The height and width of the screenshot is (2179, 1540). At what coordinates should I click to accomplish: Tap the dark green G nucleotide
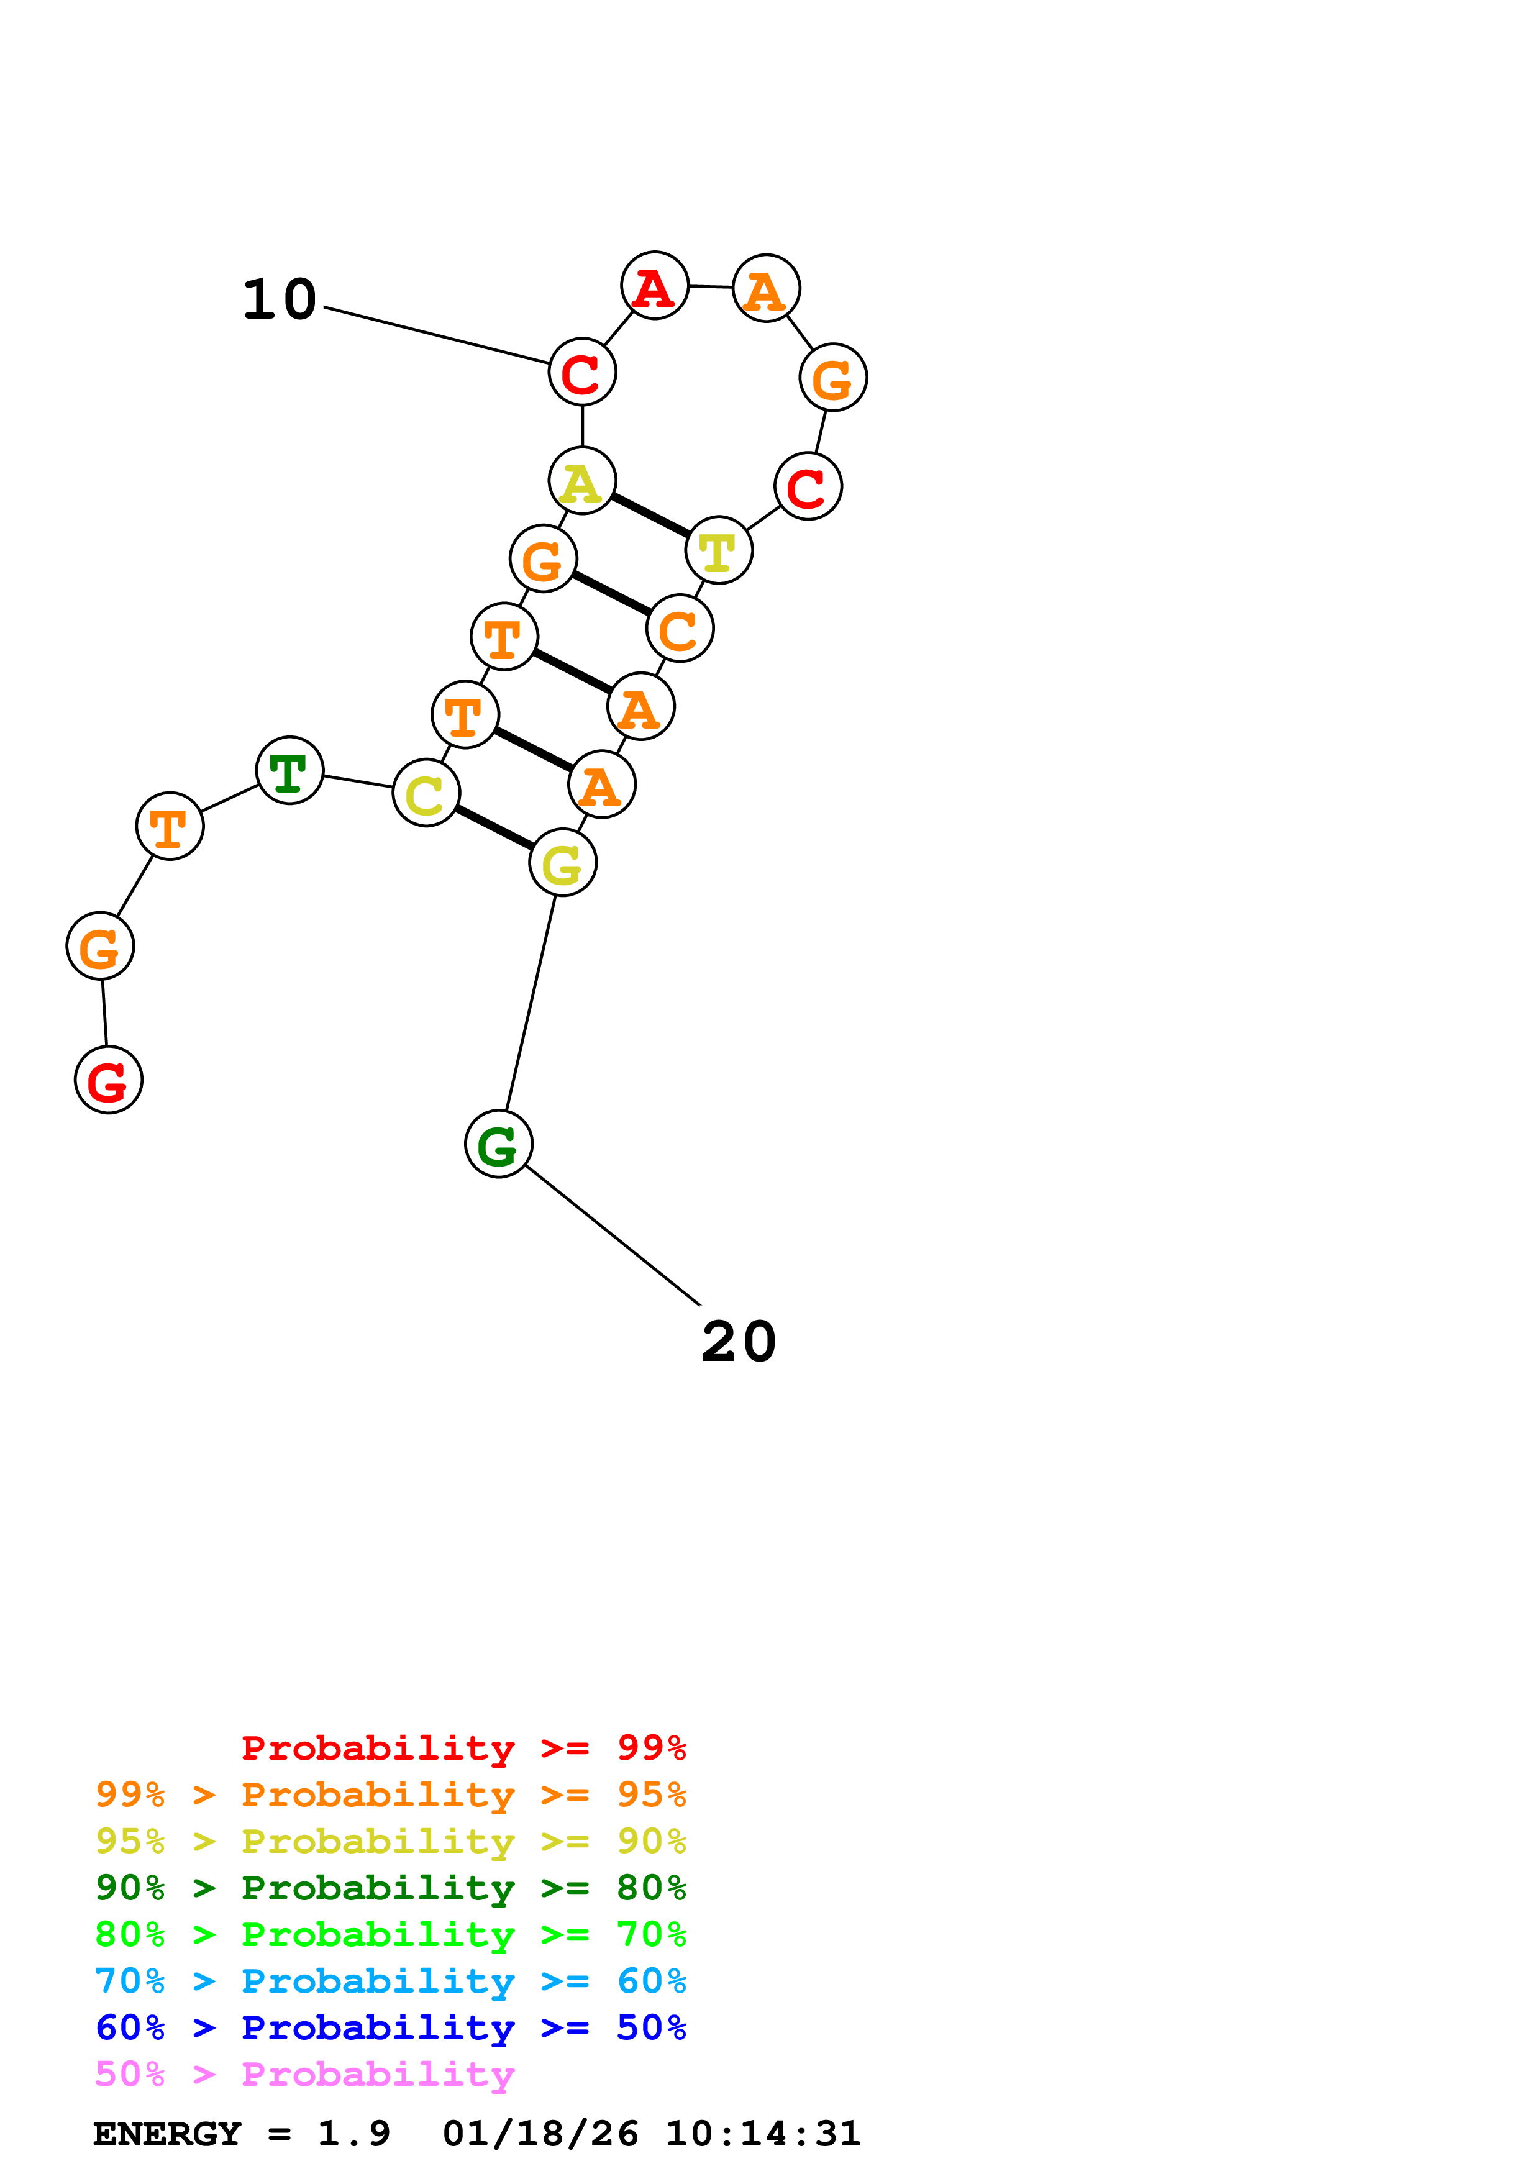[498, 1144]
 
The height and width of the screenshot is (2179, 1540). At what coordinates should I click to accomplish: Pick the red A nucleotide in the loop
[655, 286]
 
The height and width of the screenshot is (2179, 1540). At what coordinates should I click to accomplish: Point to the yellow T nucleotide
[718, 550]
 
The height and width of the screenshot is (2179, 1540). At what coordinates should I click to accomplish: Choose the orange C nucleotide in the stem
[680, 628]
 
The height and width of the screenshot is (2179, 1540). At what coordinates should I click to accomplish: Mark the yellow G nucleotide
[563, 863]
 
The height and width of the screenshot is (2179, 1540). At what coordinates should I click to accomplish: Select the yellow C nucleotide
[426, 793]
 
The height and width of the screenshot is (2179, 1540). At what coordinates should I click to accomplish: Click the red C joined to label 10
[581, 372]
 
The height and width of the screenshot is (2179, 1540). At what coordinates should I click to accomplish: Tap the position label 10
[280, 300]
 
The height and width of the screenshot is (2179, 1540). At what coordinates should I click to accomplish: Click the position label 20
[739, 1342]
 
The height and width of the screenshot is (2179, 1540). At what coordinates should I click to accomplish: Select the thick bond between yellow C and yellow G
[494, 827]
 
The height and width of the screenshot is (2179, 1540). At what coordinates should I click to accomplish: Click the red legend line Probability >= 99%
[463, 1748]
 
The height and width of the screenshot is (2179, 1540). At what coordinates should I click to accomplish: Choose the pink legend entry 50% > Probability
[304, 2073]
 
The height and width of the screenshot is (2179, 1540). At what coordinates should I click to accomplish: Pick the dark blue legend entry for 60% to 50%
[390, 2027]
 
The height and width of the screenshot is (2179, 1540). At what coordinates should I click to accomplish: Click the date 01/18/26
[540, 2134]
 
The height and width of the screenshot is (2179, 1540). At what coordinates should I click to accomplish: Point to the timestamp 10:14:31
[763, 2134]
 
